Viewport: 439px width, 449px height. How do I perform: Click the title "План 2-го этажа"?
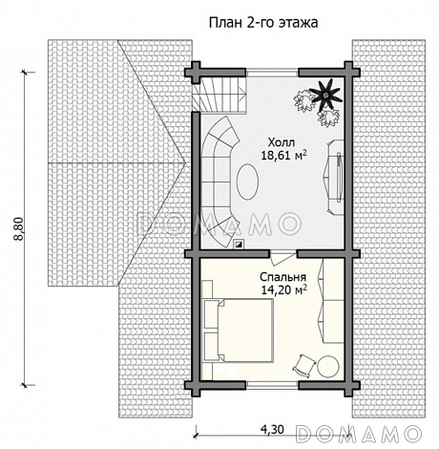[263, 23]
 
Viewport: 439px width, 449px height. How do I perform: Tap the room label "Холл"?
[282, 142]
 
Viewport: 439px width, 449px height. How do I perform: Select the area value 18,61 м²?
[284, 155]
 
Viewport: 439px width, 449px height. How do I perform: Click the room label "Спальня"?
[282, 277]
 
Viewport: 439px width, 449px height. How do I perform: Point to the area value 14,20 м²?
[284, 289]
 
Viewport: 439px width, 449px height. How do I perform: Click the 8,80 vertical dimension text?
[19, 228]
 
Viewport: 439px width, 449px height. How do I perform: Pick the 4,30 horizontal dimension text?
[272, 430]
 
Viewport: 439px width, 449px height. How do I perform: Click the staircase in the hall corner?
[219, 96]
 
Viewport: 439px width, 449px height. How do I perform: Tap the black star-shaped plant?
[325, 95]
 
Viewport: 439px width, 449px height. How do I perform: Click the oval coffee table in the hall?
[247, 182]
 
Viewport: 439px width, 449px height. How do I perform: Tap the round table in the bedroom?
[328, 367]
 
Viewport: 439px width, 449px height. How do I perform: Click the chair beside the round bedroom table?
[303, 365]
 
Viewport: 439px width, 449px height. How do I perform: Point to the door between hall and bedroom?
[282, 257]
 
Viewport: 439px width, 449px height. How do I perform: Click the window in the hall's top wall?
[273, 73]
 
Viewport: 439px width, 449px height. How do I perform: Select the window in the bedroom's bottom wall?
[273, 385]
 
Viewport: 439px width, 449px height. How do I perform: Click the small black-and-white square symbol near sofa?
[239, 244]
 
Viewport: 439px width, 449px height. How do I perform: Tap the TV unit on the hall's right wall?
[335, 177]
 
